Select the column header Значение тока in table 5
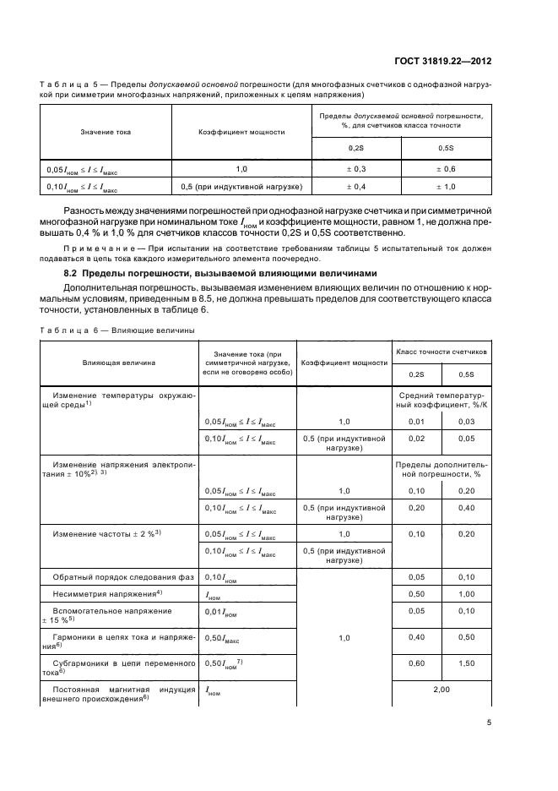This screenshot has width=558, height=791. pyautogui.click(x=106, y=132)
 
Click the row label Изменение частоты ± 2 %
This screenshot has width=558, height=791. pyautogui.click(x=106, y=534)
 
